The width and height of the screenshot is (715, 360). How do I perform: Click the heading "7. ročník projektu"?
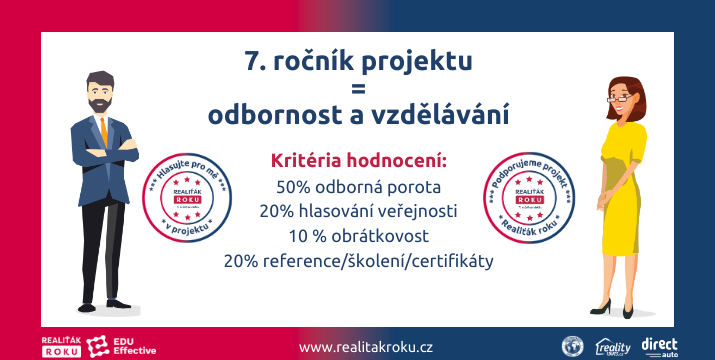357,61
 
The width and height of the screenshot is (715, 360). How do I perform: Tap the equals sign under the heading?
357,88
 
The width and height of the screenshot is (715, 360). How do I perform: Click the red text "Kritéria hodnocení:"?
358,161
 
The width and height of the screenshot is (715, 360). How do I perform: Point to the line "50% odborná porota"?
358,186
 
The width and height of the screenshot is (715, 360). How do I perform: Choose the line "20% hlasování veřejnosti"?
358,211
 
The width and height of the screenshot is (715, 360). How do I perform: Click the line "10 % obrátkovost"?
358,236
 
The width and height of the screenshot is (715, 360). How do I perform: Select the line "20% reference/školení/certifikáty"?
358,261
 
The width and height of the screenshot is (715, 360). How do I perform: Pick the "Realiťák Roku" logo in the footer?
61,346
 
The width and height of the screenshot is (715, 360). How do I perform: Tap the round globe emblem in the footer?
572,346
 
